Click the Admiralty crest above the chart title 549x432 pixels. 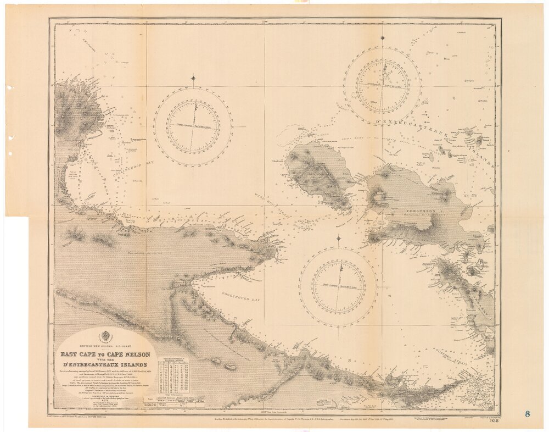(x=104, y=337)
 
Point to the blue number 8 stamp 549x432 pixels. (x=527, y=414)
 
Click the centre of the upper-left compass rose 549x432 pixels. (x=193, y=126)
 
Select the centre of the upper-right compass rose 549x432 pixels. (x=382, y=86)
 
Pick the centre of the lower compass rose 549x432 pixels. (x=338, y=287)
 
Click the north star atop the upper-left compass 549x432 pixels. (x=193, y=78)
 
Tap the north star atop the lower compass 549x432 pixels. (x=338, y=239)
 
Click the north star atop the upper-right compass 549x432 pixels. (x=382, y=37)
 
